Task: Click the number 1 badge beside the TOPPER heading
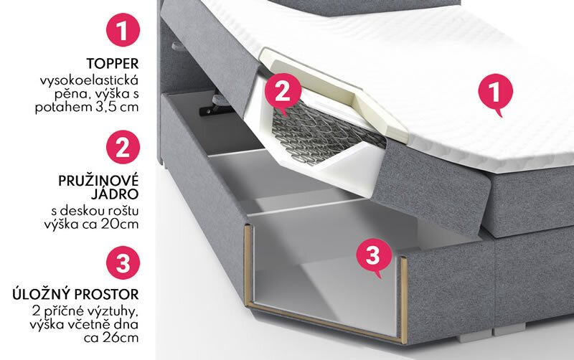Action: click(x=123, y=29)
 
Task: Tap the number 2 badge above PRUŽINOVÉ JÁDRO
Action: click(x=123, y=147)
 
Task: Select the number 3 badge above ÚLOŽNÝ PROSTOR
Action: click(x=123, y=262)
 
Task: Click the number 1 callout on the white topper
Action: click(x=495, y=93)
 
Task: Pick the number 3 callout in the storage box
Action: click(x=373, y=256)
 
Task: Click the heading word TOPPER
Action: click(x=113, y=63)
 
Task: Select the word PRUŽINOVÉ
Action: click(x=98, y=181)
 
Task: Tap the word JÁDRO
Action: click(x=115, y=194)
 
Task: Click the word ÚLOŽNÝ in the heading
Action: click(x=42, y=294)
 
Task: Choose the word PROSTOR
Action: click(x=107, y=294)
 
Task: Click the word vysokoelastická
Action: click(x=89, y=80)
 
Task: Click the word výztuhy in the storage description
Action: click(x=113, y=312)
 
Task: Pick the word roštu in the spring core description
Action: click(x=123, y=210)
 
